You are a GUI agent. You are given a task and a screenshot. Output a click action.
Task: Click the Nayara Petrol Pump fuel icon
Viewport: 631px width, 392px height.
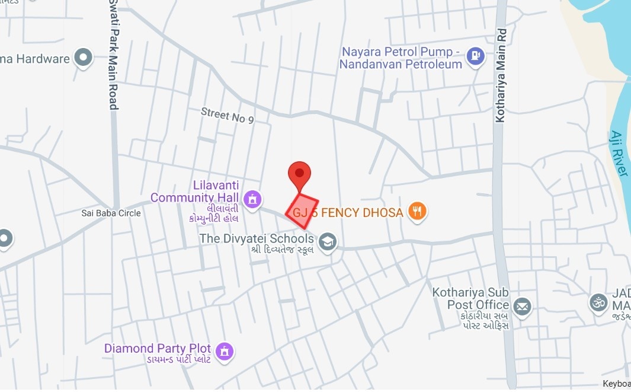[475, 57]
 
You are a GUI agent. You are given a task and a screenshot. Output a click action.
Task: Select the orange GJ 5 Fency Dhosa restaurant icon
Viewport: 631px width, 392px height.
[418, 212]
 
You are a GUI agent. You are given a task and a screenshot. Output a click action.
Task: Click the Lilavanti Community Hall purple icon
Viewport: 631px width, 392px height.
[252, 199]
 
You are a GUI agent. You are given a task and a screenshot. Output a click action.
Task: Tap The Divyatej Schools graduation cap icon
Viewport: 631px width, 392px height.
[327, 241]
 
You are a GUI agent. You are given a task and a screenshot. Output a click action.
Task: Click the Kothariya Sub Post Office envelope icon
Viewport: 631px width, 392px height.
[522, 307]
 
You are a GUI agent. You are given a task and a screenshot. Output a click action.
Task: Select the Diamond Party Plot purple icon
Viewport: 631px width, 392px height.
[225, 350]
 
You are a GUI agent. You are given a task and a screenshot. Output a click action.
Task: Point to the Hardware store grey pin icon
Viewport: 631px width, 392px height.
[84, 58]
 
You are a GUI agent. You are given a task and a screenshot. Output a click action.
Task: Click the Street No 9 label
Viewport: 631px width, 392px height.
[227, 115]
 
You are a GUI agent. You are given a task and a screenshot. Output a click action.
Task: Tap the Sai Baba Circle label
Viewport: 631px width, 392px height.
[111, 213]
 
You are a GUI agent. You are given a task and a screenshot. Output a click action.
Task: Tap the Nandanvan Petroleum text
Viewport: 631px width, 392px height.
[401, 65]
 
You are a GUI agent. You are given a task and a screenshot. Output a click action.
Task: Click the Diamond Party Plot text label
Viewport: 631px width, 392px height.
[158, 348]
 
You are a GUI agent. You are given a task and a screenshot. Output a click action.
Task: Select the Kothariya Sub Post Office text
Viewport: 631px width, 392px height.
[470, 299]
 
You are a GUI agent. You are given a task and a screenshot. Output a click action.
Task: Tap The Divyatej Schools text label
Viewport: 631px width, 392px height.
[256, 238]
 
